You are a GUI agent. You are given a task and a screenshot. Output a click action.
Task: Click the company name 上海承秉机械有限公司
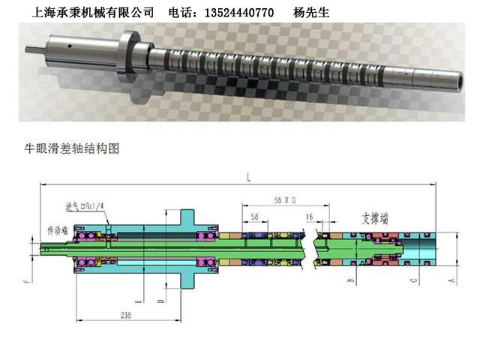pos(94,12)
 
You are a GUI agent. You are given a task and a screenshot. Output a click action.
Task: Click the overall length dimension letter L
pos(247,176)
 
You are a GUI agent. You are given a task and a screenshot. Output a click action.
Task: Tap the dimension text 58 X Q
pos(285,200)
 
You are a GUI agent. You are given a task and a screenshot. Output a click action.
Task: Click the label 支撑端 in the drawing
pos(375,218)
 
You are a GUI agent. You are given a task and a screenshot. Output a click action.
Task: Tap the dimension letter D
pos(161,299)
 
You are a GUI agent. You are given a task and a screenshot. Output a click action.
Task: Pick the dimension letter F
pos(25,281)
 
